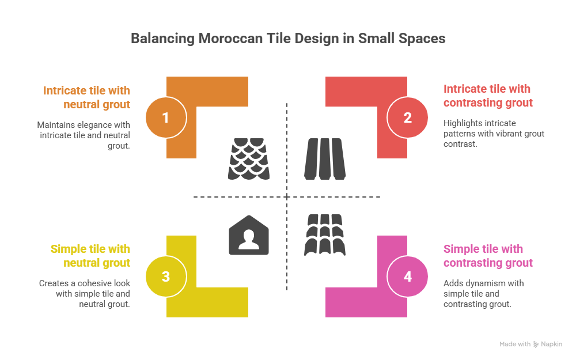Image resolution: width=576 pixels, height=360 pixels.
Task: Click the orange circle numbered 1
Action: (166, 118)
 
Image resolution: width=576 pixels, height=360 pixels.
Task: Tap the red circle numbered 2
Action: (408, 118)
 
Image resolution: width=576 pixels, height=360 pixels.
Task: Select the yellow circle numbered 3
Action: (166, 276)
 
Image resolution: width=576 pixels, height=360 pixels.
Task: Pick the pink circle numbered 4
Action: (408, 276)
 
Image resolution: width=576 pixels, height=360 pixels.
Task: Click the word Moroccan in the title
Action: (226, 39)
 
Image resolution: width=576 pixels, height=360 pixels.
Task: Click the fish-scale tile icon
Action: (249, 158)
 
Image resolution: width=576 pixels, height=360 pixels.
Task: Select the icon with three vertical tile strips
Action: (325, 158)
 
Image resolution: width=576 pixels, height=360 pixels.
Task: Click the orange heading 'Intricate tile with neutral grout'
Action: (86, 97)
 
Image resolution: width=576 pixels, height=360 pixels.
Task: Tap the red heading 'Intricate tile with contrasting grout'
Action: (488, 96)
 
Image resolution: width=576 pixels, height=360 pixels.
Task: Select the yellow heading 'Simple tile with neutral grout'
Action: (90, 256)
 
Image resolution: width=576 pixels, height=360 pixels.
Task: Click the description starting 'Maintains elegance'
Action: (84, 135)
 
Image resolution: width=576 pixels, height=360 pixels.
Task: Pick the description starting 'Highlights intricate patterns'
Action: (493, 134)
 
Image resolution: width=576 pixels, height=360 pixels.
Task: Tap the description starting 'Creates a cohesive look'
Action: (84, 294)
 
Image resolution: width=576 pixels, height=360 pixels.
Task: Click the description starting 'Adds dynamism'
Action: (484, 293)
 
